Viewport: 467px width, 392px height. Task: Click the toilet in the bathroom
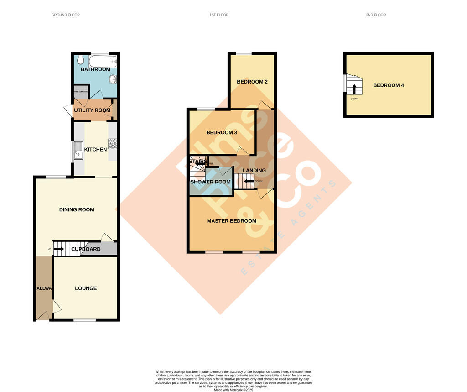80,60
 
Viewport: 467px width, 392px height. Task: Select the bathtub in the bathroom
103,61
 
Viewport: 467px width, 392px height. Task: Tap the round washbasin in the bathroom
112,79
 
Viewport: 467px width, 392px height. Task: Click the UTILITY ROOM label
93,110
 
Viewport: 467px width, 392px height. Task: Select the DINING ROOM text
77,209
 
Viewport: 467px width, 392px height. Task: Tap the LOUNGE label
86,288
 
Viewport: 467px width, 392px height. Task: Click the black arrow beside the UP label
59,249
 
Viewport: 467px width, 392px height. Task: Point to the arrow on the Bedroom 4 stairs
354,88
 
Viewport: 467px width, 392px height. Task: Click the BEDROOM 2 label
252,82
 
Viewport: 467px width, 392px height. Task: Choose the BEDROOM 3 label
222,133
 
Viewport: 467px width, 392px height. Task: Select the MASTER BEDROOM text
232,221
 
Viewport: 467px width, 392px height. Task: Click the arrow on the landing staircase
249,181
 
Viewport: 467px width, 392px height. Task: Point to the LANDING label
254,170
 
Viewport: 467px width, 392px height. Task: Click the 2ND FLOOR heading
376,15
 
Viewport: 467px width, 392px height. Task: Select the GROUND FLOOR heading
66,15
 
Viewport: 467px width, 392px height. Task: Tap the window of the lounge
85,319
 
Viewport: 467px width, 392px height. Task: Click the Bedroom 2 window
244,53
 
